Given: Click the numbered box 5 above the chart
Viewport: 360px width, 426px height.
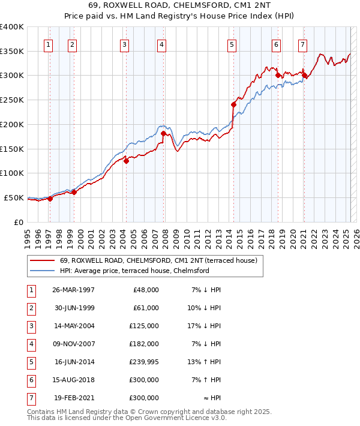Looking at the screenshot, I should coord(232,44).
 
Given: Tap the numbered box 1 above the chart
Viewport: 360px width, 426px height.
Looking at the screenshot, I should coord(48,44).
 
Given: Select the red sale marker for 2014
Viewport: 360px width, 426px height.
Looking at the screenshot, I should coord(234,104).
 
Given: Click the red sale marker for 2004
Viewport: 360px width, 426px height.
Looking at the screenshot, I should coord(127,160).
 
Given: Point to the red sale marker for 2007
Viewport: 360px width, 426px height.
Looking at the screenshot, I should coord(164,133).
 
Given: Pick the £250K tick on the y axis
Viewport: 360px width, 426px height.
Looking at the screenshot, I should coord(13,100).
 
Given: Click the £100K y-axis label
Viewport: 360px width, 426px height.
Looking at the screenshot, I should coord(13,173).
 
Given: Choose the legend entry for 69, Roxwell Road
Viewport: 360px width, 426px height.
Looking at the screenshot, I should coord(158,260).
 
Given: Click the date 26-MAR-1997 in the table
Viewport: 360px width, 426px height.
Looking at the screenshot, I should coord(74,290).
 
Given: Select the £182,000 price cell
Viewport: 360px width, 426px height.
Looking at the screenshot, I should coord(144,344).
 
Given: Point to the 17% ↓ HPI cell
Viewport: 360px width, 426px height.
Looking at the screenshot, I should coord(206,326).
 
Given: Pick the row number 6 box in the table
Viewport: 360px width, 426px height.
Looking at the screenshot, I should coord(31,380).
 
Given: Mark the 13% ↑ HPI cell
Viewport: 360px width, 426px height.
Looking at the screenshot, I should coord(206,362).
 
